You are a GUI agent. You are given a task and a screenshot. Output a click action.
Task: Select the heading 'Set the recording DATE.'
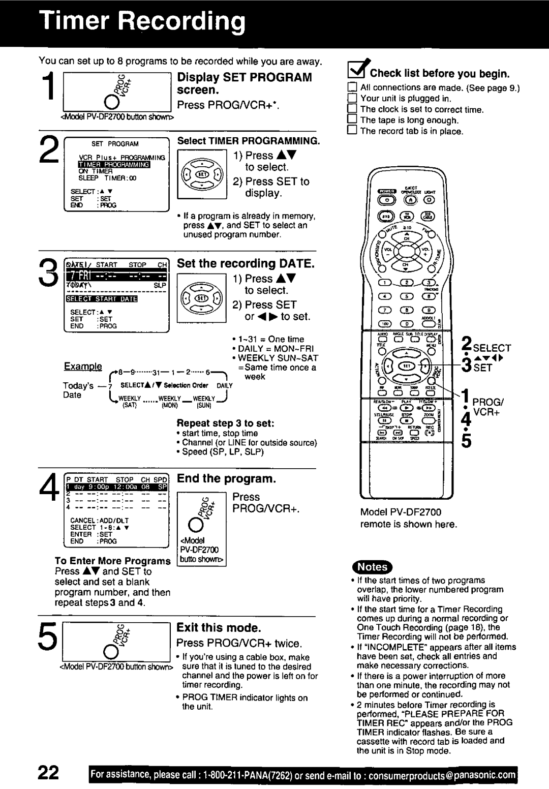(x=246, y=263)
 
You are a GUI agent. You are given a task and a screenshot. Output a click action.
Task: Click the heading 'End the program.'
(x=227, y=479)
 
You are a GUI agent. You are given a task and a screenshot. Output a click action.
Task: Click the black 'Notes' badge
(x=373, y=567)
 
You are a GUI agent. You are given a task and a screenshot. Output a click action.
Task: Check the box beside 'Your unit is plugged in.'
(x=352, y=98)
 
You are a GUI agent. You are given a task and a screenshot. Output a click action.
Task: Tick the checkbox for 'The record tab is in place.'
(x=352, y=131)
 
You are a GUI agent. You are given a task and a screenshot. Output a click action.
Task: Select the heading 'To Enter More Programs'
(x=113, y=561)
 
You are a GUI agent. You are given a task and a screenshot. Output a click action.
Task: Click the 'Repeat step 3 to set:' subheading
(x=226, y=423)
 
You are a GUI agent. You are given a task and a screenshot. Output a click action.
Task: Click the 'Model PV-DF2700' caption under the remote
(x=401, y=512)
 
